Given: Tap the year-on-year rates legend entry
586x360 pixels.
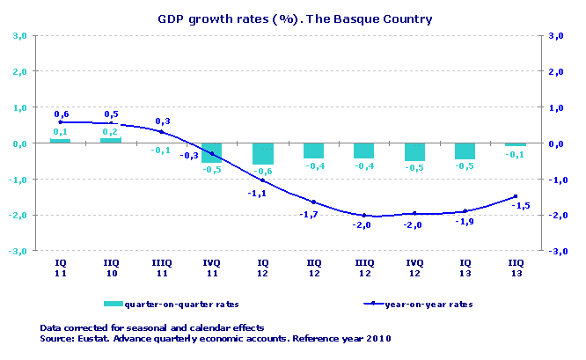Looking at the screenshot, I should click(x=418, y=305).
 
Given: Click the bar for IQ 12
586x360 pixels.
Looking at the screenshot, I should click(x=262, y=154).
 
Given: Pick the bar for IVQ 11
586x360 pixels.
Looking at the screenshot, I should click(x=212, y=152).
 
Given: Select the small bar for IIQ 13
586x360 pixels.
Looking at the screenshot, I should click(x=515, y=144).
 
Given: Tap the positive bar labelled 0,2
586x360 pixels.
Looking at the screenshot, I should click(x=111, y=140).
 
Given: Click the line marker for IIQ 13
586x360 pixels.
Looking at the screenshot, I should click(x=515, y=197).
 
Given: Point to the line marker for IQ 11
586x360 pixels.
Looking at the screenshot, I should click(x=60, y=122).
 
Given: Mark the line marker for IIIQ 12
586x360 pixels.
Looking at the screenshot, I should click(x=363, y=215).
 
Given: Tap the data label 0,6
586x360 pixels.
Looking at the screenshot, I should click(x=62, y=114).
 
